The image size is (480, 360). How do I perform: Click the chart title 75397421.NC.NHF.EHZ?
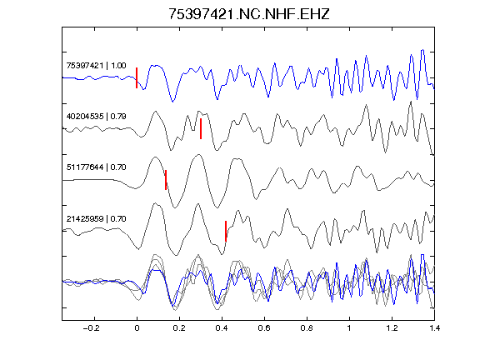(249, 14)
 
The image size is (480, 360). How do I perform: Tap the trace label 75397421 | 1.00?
(96, 66)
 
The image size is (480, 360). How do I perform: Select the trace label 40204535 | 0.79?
(96, 117)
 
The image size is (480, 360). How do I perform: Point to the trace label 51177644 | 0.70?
(96, 167)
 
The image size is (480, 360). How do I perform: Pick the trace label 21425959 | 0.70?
(96, 219)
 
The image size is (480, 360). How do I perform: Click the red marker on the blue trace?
(137, 77)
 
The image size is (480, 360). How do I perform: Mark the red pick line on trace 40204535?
(201, 128)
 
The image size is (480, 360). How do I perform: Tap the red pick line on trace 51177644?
(166, 180)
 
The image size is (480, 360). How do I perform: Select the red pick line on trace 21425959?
(226, 231)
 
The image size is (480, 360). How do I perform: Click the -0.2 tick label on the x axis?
(91, 328)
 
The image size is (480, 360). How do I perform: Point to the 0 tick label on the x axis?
(137, 328)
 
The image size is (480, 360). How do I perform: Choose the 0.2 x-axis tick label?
(179, 328)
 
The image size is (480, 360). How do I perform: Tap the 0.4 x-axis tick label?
(222, 328)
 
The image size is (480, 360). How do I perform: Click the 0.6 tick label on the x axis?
(264, 328)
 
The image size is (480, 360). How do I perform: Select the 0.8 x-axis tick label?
(307, 328)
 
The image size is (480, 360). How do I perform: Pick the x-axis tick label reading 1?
(349, 328)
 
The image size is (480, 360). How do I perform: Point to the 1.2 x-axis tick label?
(392, 328)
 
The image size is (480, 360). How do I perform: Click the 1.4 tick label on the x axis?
(434, 328)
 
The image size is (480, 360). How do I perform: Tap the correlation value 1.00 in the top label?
(118, 66)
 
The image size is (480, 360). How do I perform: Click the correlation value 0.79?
(118, 117)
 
